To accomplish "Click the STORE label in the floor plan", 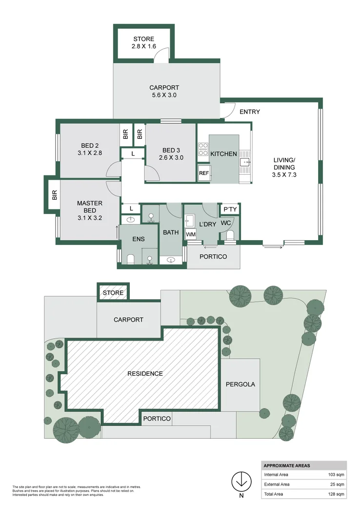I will pos(143,39).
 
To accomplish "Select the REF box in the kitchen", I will pos(203,173).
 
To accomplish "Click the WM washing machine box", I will pos(190,235).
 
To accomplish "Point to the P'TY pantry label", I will pos(230,209).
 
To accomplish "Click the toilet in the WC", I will pos(230,236).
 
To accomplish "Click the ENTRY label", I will pos(250,112).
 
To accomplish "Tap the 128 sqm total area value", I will pos(337,494).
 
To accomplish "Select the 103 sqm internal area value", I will pos(337,474).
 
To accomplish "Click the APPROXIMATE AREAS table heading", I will pos(287,466).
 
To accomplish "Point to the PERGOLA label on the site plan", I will pos(240,384).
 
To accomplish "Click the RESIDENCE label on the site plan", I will pos(145,373).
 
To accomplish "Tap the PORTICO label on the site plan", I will pos(157,419).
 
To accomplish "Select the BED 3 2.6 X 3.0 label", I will pos(171,154).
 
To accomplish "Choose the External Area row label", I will pos(277,484).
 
